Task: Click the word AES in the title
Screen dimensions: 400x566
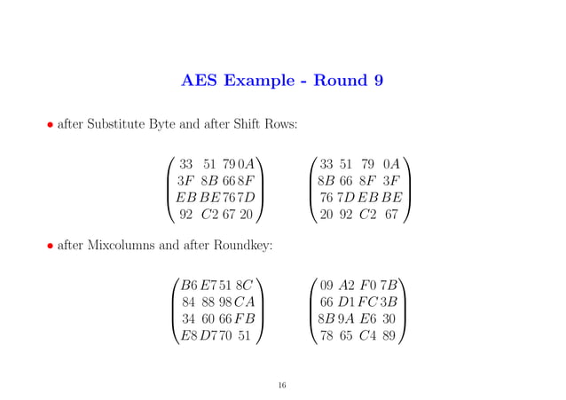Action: [x=201, y=82]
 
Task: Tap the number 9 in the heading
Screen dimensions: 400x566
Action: [x=378, y=82]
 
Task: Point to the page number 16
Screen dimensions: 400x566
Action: [x=282, y=385]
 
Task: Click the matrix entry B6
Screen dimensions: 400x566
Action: [x=188, y=286]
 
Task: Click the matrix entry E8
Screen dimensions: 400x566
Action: [x=188, y=336]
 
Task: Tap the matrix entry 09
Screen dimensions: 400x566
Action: [x=327, y=286]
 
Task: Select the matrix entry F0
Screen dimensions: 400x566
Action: [x=373, y=286]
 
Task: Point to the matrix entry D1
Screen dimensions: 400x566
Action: [x=350, y=302]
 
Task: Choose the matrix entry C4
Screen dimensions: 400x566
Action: [x=373, y=336]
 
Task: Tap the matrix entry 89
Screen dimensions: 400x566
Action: [x=394, y=336]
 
